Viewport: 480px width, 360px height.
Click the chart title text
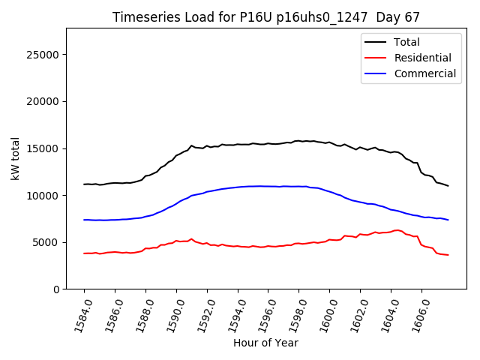(x=266, y=17)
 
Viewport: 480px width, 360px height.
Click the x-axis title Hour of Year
(x=265, y=343)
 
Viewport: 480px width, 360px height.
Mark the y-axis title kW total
(x=15, y=158)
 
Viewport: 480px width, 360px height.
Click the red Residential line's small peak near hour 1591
(x=191, y=239)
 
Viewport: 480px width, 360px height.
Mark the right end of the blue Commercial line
(x=448, y=220)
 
